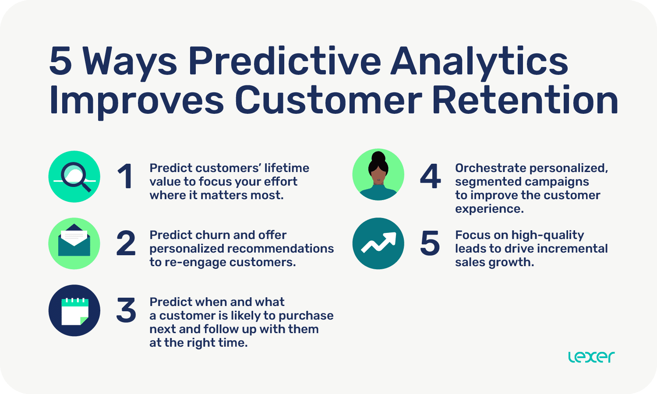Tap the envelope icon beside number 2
click(x=74, y=243)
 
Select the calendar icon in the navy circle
click(x=74, y=311)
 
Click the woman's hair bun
click(x=378, y=158)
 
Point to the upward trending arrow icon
click(x=378, y=243)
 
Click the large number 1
click(x=125, y=176)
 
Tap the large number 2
click(x=126, y=243)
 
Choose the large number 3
click(x=126, y=310)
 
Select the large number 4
click(x=430, y=176)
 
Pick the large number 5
click(x=430, y=243)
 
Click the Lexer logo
click(x=591, y=357)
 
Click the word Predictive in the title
click(x=285, y=61)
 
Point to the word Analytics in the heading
click(x=479, y=61)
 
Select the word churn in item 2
click(x=210, y=235)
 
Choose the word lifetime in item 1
click(x=286, y=168)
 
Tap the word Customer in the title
click(x=328, y=100)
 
